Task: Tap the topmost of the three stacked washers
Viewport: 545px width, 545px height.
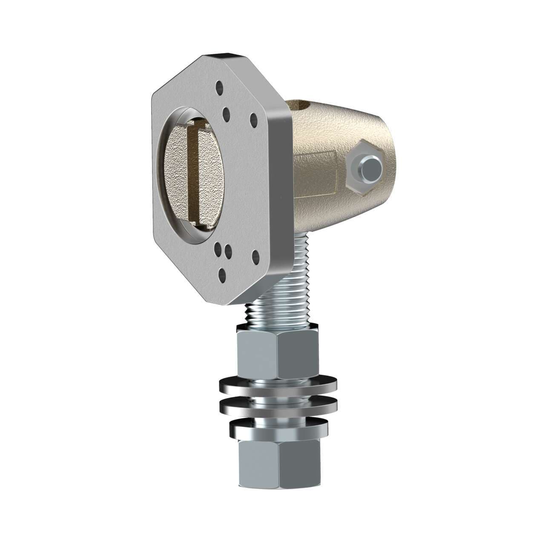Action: pyautogui.click(x=277, y=385)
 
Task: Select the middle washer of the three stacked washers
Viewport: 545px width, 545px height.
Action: pyautogui.click(x=277, y=407)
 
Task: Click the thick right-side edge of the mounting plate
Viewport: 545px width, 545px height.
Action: pyautogui.click(x=281, y=192)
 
